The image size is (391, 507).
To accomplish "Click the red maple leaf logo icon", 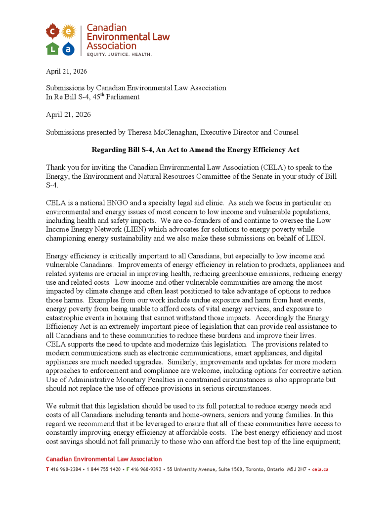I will [52, 32].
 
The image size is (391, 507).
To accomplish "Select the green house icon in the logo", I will [52, 48].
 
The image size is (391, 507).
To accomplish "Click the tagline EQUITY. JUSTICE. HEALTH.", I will [119, 54].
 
